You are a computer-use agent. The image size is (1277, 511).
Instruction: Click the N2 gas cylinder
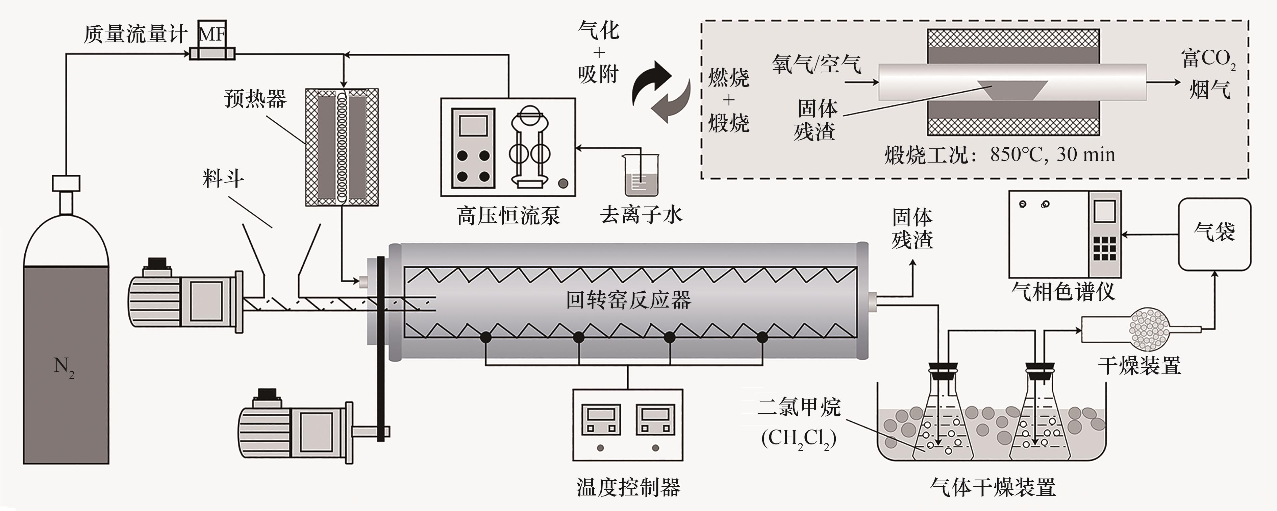coord(66,347)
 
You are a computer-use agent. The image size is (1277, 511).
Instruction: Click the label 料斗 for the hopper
coord(223,178)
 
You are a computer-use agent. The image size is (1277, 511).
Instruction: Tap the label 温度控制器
coord(628,487)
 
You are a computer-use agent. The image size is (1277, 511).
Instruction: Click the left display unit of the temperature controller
coord(601,421)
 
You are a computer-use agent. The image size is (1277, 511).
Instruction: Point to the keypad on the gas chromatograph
coord(1104,248)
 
